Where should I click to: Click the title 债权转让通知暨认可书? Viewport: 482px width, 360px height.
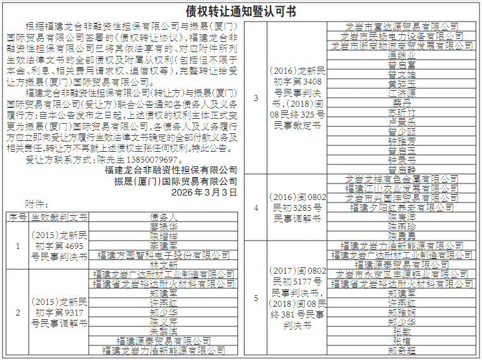pyautogui.click(x=241, y=11)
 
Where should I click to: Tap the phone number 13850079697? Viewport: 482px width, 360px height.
pyautogui.click(x=146, y=160)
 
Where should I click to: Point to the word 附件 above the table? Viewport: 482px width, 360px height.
pyautogui.click(x=37, y=204)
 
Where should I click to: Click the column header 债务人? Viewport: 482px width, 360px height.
pyautogui.click(x=163, y=217)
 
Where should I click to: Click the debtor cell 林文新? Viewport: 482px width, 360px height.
pyautogui.click(x=163, y=264)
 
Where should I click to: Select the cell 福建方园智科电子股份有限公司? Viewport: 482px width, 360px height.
pyautogui.click(x=163, y=255)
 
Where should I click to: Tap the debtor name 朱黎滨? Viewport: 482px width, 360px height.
pyautogui.click(x=163, y=331)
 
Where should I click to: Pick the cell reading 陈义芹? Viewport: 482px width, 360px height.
pyautogui.click(x=163, y=321)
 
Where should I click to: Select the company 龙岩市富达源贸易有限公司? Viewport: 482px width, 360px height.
pyautogui.click(x=401, y=27)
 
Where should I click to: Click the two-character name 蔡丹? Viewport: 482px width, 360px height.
pyautogui.click(x=401, y=102)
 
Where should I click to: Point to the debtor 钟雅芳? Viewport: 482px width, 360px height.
pyautogui.click(x=401, y=140)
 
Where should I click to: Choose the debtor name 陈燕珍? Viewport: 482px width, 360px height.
pyautogui.click(x=401, y=226)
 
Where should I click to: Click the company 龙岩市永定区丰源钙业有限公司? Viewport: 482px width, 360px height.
pyautogui.click(x=401, y=274)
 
